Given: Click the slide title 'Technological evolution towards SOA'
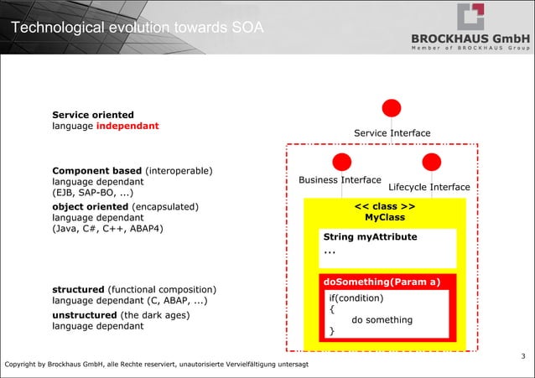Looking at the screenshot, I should (x=138, y=29).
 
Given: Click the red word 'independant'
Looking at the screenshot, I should (x=127, y=127).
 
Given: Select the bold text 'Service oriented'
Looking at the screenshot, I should (x=93, y=115).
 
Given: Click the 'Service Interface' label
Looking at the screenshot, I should (x=392, y=133).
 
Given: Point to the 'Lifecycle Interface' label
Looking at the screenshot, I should (x=429, y=187).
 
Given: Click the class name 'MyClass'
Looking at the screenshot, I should (x=385, y=218).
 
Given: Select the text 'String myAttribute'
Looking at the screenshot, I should (x=370, y=237).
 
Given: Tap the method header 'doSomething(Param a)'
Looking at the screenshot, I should (x=382, y=282).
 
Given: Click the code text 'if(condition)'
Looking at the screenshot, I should (x=356, y=298).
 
